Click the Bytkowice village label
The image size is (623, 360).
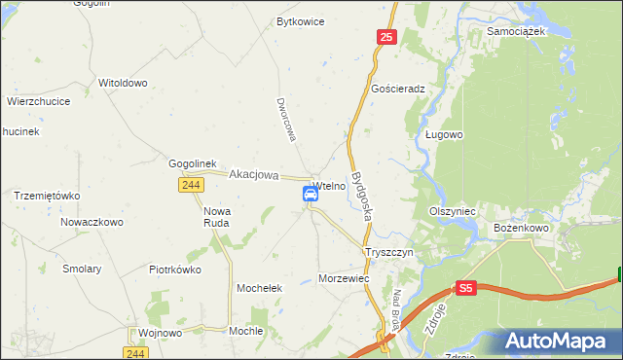300,21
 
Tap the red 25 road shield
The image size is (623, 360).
386,37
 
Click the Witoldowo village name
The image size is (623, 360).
123,83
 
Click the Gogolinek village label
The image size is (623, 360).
198,163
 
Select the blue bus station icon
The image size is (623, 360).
311,194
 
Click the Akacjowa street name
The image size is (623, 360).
254,175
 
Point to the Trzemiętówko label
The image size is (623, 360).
47,196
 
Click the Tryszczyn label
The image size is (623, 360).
389,251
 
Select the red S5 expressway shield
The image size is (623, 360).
466,288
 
